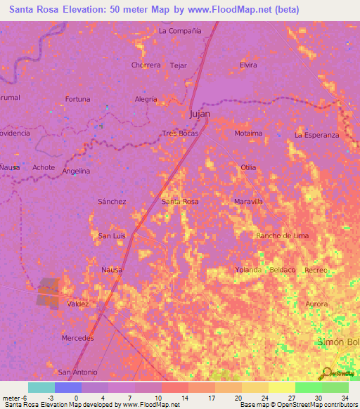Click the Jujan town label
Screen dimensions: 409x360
(x=200, y=113)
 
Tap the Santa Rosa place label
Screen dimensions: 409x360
(x=180, y=202)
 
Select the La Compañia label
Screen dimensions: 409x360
(x=180, y=31)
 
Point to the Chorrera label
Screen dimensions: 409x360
(x=146, y=65)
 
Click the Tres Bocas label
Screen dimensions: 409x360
(x=180, y=133)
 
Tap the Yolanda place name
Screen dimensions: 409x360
(x=248, y=270)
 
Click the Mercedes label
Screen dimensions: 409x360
(x=78, y=338)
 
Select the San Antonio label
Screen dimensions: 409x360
(x=78, y=372)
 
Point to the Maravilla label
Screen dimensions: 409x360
(x=248, y=202)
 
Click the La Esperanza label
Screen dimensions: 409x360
(x=316, y=134)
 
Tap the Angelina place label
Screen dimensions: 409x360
(x=76, y=171)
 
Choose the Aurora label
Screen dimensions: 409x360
(x=316, y=304)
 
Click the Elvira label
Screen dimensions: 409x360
(x=248, y=65)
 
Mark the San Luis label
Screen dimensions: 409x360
(x=112, y=235)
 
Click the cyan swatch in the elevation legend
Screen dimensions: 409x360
(x=41, y=387)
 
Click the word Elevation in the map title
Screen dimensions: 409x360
(x=78, y=10)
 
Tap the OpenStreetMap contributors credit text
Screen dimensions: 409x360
(x=318, y=405)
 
